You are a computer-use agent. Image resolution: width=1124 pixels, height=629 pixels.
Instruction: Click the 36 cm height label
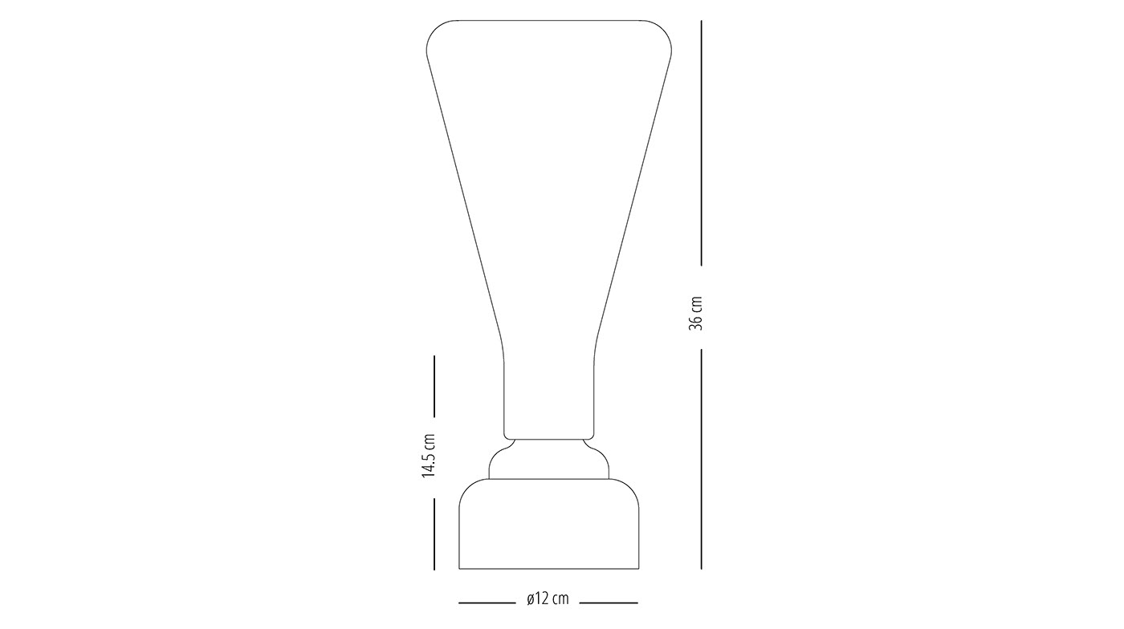[696, 313]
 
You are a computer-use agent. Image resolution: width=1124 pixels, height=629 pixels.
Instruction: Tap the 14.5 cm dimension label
[429, 457]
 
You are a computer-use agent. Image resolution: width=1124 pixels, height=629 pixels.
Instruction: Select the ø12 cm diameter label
[548, 599]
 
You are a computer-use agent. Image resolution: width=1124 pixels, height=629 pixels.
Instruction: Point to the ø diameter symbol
[531, 599]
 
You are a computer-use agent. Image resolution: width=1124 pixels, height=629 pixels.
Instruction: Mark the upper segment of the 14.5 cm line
[434, 386]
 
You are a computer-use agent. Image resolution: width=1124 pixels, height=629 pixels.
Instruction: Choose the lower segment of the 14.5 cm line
[434, 534]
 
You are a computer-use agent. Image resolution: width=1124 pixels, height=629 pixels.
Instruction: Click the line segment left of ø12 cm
[487, 602]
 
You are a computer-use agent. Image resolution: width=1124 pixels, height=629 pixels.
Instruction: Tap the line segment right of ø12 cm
[609, 602]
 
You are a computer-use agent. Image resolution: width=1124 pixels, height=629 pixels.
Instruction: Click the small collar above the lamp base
[549, 460]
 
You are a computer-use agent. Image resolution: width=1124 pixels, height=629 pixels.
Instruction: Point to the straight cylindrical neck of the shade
[549, 393]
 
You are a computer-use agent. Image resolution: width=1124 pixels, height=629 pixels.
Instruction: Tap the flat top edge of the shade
[549, 19]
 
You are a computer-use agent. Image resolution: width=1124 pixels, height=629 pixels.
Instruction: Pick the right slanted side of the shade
[633, 201]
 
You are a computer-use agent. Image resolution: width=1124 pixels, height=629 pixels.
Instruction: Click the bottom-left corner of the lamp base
[459, 569]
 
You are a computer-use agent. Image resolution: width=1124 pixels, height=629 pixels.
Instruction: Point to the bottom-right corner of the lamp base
[639, 569]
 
